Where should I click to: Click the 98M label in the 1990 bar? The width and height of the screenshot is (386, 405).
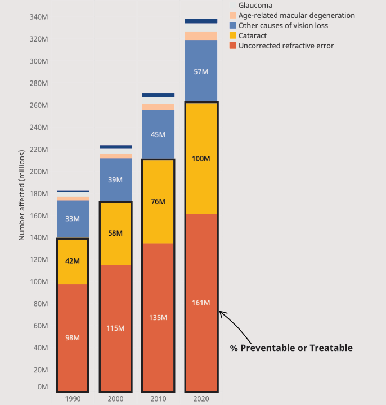tap(73, 338)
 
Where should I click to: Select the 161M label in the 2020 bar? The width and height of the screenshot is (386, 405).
tap(201, 303)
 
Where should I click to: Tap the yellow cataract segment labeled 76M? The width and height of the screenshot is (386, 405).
tap(158, 201)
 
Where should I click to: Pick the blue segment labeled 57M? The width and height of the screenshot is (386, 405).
tap(201, 71)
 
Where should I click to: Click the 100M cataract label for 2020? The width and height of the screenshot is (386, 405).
tap(201, 159)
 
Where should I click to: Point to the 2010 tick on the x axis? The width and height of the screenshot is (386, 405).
tap(158, 399)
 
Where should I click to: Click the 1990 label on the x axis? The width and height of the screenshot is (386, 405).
tap(73, 399)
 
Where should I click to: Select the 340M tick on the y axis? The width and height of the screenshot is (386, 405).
tap(38, 17)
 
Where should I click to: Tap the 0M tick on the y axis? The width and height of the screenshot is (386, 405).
tap(43, 387)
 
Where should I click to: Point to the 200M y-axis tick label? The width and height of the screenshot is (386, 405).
tap(38, 172)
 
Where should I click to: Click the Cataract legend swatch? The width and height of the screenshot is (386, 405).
tap(233, 36)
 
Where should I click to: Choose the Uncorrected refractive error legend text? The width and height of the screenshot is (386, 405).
tap(286, 46)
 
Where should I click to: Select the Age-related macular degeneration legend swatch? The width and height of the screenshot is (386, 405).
tap(233, 16)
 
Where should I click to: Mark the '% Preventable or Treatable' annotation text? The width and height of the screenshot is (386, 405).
tap(291, 348)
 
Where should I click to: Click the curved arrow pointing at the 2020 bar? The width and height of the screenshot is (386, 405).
tap(236, 326)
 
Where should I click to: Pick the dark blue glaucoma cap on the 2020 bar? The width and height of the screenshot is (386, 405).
tap(201, 21)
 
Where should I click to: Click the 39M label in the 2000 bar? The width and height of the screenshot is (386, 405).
tap(115, 180)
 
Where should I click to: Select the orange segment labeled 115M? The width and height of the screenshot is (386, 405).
tap(115, 328)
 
